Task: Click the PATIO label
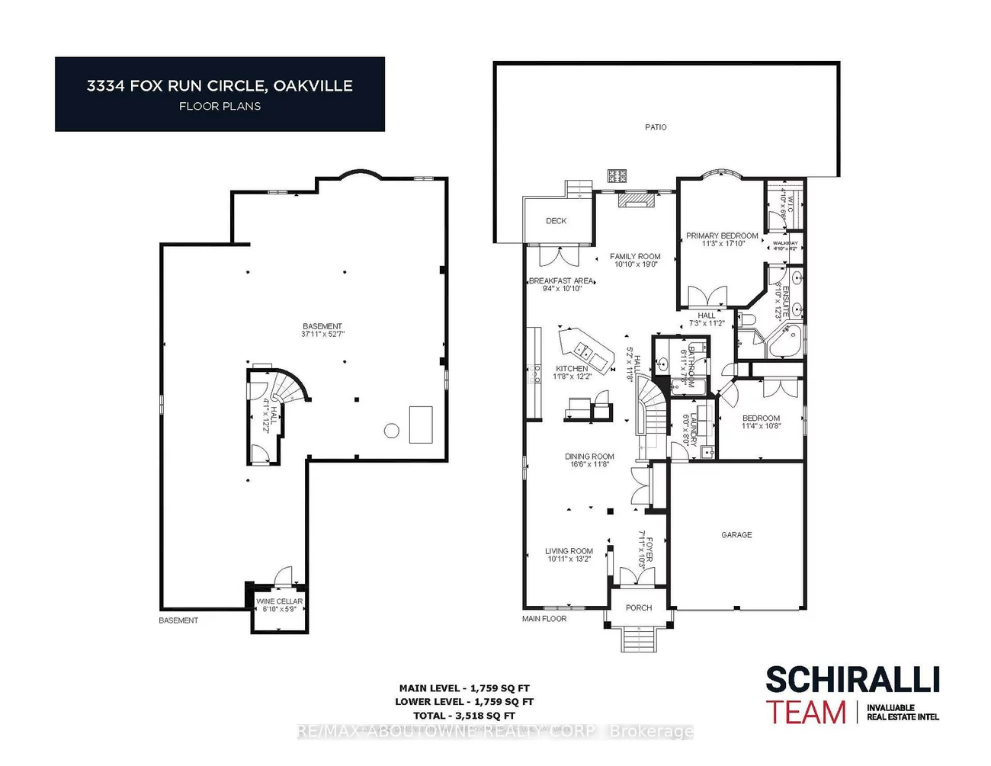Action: click(656, 127)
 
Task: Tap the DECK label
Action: click(556, 221)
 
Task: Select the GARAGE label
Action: click(736, 535)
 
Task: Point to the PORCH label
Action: click(639, 608)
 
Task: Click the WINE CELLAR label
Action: click(279, 601)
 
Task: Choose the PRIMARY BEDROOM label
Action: click(722, 236)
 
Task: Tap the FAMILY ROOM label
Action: click(635, 257)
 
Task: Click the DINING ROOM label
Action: click(589, 457)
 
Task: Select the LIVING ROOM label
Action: click(569, 551)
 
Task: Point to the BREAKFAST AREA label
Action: click(561, 281)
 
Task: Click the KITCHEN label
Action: click(572, 369)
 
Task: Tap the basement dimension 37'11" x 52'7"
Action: click(322, 334)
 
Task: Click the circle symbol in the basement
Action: click(391, 431)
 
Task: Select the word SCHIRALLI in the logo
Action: click(851, 680)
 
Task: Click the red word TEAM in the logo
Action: click(807, 713)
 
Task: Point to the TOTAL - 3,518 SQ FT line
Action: click(464, 716)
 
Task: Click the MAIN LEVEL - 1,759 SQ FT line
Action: click(464, 688)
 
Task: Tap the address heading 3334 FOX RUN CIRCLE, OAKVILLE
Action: click(220, 86)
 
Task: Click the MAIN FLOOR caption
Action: click(544, 619)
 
